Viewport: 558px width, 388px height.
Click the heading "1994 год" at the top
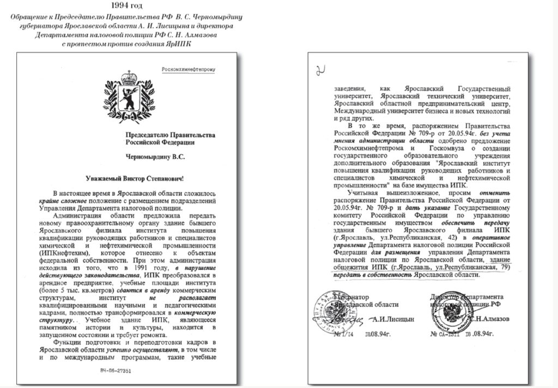(127, 5)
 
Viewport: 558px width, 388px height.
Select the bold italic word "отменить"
(494, 193)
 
